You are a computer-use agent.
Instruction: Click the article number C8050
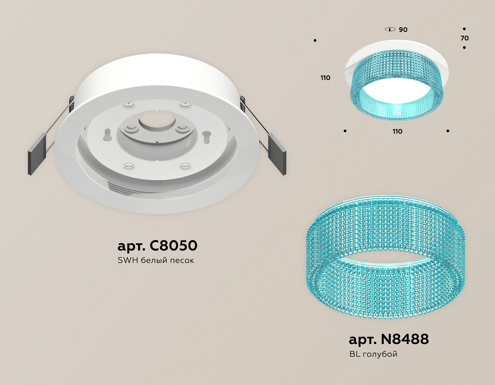[x=157, y=245]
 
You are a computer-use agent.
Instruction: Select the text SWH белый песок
[x=156, y=260]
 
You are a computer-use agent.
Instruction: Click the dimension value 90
[x=403, y=30]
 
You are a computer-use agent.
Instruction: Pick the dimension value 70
[x=465, y=38]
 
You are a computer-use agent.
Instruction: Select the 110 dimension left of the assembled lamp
[x=325, y=78]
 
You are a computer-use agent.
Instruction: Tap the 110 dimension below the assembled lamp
[x=397, y=131]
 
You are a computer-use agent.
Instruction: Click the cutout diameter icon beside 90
[x=390, y=29]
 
